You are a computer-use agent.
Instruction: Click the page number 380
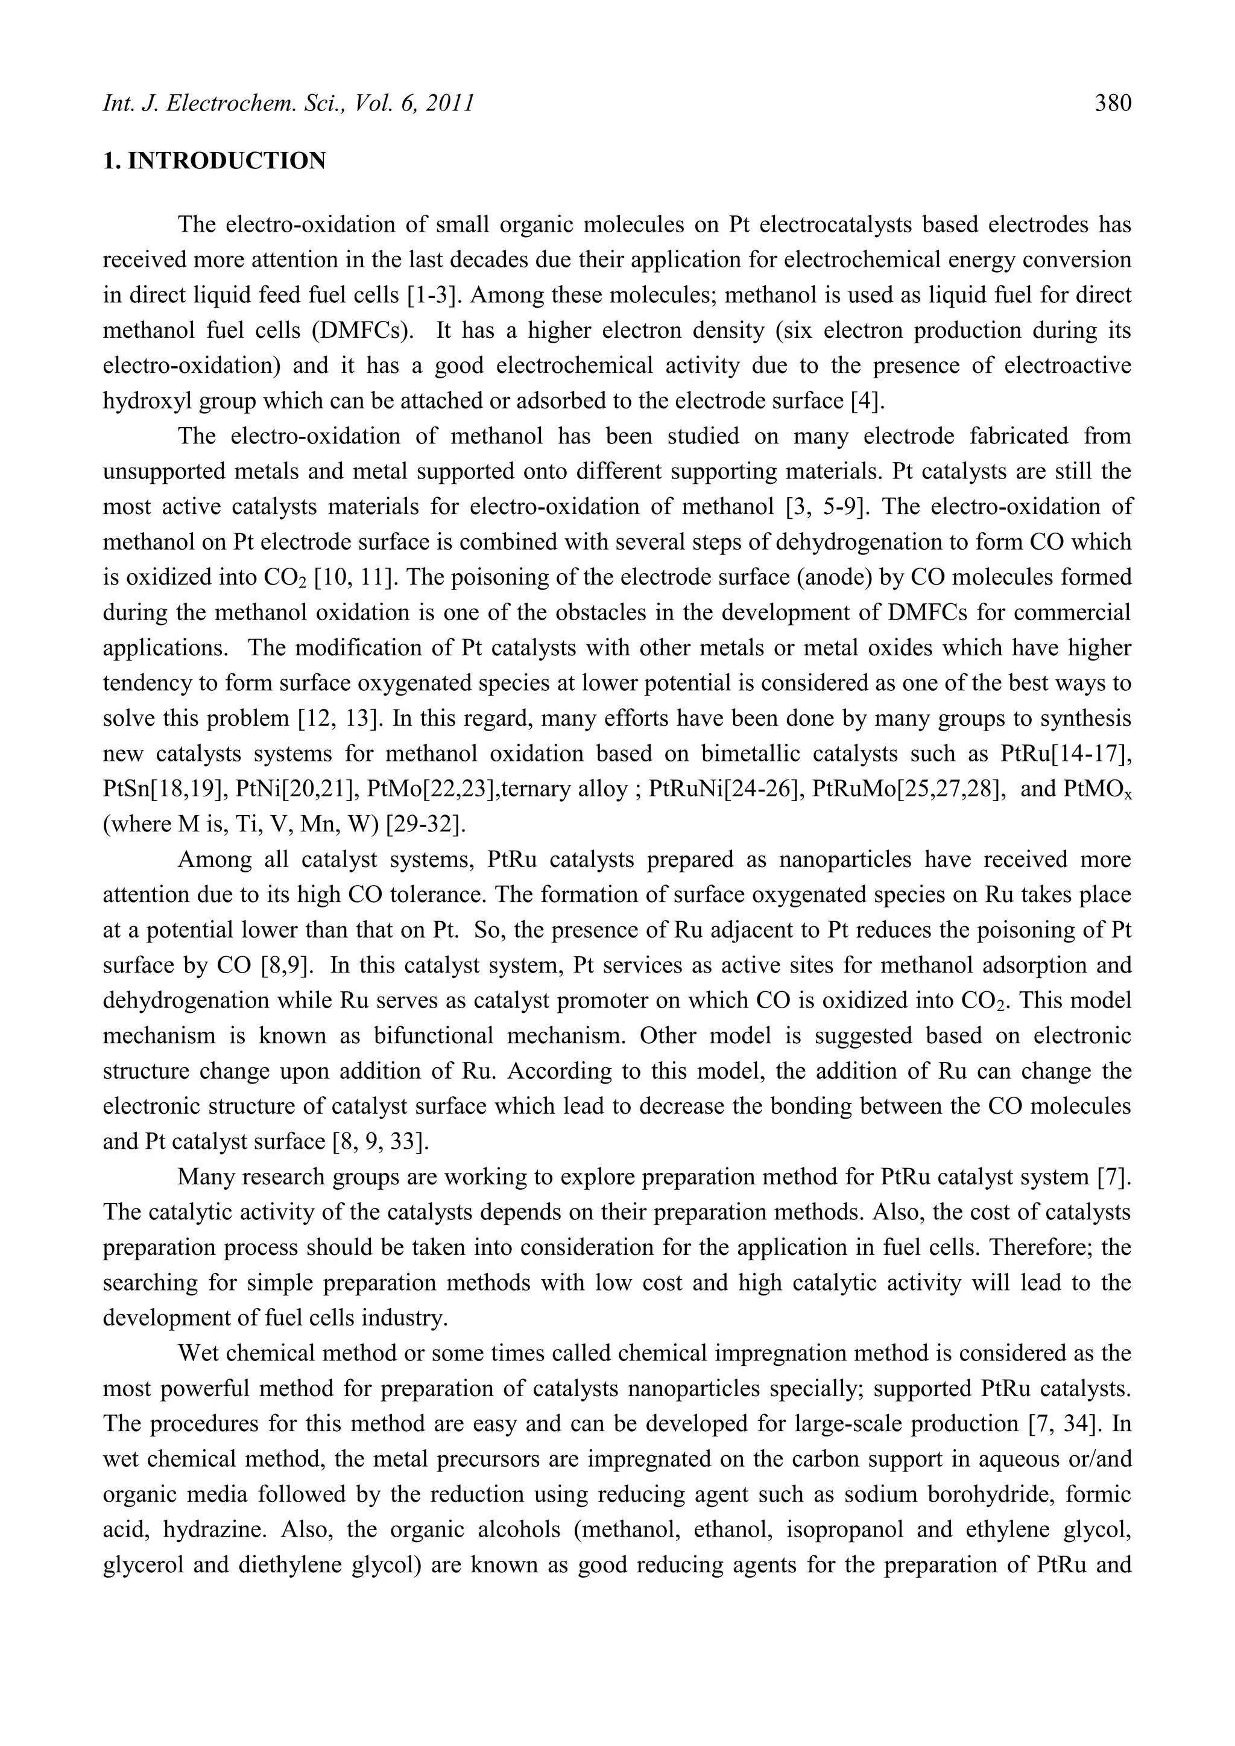click(x=1113, y=103)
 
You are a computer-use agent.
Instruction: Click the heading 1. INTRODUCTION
click(x=215, y=161)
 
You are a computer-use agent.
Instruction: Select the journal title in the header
click(x=288, y=103)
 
